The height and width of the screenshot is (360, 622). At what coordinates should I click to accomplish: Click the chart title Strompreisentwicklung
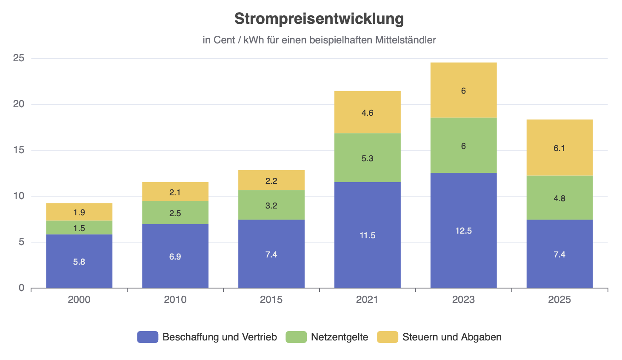click(x=319, y=19)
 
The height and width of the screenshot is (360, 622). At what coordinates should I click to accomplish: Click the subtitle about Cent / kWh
click(x=319, y=40)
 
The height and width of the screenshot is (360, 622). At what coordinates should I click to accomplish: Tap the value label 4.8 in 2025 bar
click(x=559, y=198)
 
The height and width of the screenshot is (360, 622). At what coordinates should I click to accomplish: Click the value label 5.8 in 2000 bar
click(x=79, y=262)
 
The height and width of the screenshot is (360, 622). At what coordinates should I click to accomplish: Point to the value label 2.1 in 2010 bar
click(x=175, y=192)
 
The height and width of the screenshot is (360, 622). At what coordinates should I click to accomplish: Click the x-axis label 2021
click(x=367, y=300)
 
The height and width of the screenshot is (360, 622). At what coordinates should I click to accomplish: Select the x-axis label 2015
click(x=271, y=300)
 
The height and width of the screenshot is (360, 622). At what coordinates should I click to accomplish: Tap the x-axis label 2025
click(x=559, y=300)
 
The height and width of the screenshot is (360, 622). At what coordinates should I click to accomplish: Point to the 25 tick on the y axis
click(x=19, y=58)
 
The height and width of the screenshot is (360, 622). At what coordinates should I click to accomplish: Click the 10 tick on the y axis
click(x=19, y=196)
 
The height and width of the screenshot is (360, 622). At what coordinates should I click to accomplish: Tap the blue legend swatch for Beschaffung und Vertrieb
click(x=148, y=337)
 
